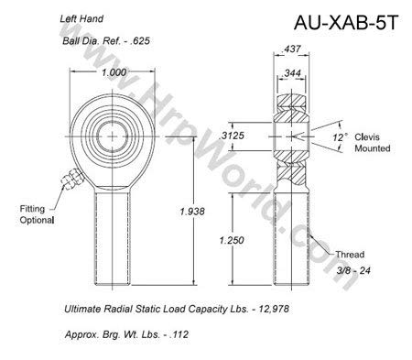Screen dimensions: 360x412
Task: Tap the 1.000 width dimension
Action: (114, 73)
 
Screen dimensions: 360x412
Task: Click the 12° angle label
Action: (342, 137)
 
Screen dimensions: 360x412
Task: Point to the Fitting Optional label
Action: (34, 215)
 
